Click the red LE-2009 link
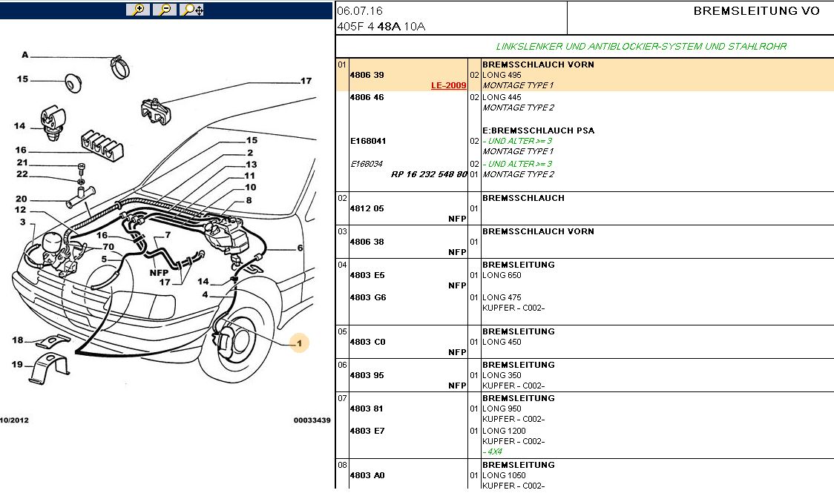coord(448,85)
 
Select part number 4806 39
coord(367,75)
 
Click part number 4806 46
coord(367,97)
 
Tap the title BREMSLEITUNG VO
coord(756,11)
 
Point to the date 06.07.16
coord(360,12)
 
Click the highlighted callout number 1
coord(299,343)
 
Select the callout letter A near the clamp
coord(24,55)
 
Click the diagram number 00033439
coord(312,420)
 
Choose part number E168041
coord(368,141)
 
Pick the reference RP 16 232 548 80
coord(429,174)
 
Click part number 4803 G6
coord(367,297)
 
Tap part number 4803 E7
coord(367,431)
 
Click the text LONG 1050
coord(502,475)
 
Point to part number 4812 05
coord(367,208)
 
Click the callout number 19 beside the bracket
coord(18,363)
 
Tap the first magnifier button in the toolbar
coord(137,10)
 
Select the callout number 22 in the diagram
coord(22,174)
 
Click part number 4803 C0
coord(367,342)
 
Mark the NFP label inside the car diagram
coord(160,272)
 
